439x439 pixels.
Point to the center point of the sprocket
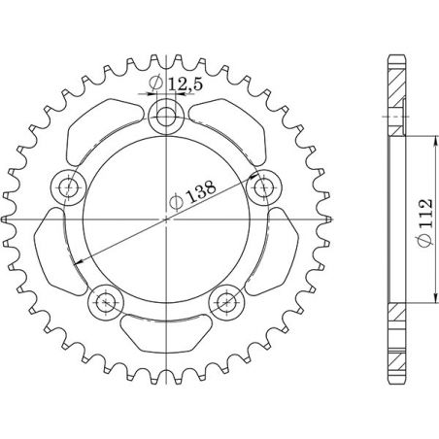pos(167,219)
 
